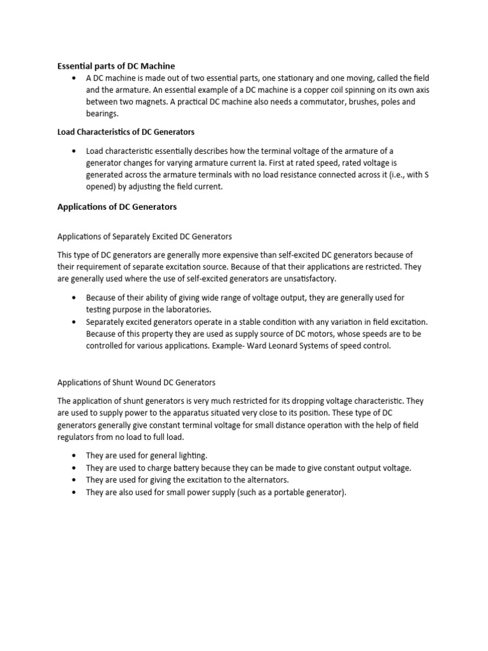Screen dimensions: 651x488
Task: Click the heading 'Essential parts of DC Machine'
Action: coord(116,66)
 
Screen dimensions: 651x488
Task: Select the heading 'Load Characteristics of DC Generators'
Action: coord(126,132)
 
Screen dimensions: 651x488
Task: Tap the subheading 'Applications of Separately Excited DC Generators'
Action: coord(144,236)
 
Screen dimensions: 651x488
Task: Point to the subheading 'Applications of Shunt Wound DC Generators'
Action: coord(137,383)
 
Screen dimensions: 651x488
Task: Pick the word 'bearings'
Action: coord(102,114)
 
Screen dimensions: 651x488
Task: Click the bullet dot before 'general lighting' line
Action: coord(74,456)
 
